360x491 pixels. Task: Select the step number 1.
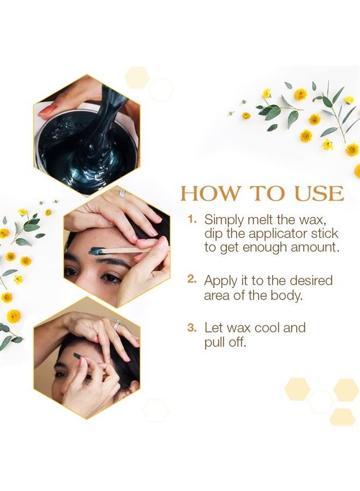click(191, 219)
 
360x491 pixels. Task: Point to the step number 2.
click(191, 279)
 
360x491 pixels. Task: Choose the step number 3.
click(191, 327)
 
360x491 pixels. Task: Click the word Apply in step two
click(220, 281)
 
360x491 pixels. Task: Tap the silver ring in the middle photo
click(122, 193)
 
